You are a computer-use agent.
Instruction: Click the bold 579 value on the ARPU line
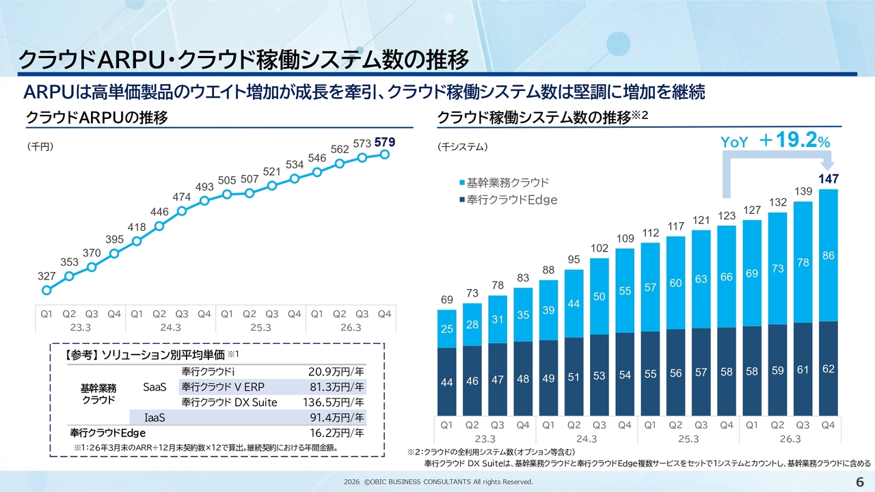pos(385,142)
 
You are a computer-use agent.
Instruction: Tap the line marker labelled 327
pos(46,290)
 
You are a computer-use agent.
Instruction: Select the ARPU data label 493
pos(205,187)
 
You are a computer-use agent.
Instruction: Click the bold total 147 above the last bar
pos(828,178)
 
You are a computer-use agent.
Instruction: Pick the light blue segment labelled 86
pos(828,255)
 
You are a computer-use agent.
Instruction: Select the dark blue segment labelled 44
pos(446,383)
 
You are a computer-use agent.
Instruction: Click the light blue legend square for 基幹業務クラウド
pos(463,183)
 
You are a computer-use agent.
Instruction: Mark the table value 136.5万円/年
pos(336,402)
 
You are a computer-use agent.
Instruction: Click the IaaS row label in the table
pos(156,417)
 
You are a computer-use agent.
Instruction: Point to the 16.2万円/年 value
pos(337,433)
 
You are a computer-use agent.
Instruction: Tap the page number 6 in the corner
pos(860,482)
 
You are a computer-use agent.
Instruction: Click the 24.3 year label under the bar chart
pos(587,438)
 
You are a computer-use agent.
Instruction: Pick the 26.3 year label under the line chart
pos(351,327)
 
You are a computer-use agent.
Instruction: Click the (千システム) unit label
pos(461,146)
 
